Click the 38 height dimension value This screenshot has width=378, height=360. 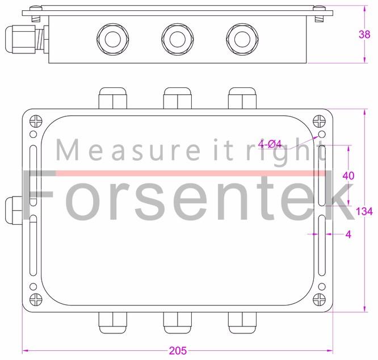[x=364, y=34]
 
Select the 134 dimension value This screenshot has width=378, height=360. [x=364, y=211]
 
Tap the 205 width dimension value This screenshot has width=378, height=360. [x=178, y=351]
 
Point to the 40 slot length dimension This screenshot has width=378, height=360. [x=348, y=175]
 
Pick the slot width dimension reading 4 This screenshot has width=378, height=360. [x=348, y=234]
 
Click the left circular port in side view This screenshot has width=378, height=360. [x=108, y=39]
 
